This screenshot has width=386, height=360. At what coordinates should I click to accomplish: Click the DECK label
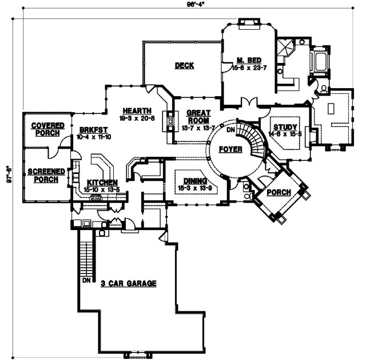[x=184, y=66]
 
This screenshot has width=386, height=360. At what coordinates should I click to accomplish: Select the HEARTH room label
[x=136, y=110]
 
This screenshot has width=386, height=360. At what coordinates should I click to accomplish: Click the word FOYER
[x=230, y=149]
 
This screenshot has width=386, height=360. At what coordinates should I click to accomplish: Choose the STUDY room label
[x=284, y=126]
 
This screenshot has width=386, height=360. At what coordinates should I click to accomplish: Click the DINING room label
[x=192, y=181]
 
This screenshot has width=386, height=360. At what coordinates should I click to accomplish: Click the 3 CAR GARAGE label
[x=129, y=283]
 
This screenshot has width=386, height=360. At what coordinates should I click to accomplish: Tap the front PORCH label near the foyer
[x=278, y=192]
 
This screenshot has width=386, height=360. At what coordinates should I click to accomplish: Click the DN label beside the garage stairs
[x=86, y=282]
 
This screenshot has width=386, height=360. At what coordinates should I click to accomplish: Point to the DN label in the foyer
[x=230, y=130]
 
